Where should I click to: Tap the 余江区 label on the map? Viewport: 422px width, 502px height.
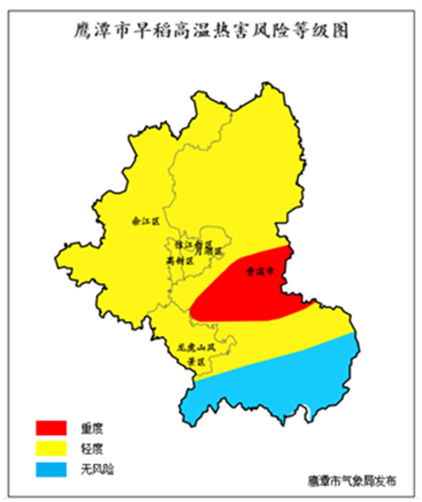pyautogui.click(x=145, y=222)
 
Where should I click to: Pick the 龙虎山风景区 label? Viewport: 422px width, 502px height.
pyautogui.click(x=196, y=354)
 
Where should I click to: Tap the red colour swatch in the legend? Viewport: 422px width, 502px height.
pyautogui.click(x=51, y=427)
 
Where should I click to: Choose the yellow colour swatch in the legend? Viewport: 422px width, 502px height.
pyautogui.click(x=51, y=448)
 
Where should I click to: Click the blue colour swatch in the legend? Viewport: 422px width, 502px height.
pyautogui.click(x=51, y=469)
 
